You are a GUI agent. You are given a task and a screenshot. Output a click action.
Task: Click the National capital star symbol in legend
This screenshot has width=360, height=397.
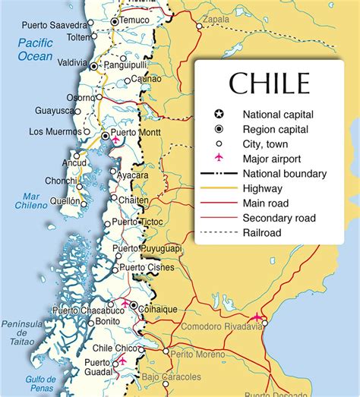pos(217,115)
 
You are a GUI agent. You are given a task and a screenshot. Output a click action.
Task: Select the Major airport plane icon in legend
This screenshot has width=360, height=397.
pos(217,159)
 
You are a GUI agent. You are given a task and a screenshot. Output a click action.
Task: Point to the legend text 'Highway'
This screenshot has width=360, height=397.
pos(263,188)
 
